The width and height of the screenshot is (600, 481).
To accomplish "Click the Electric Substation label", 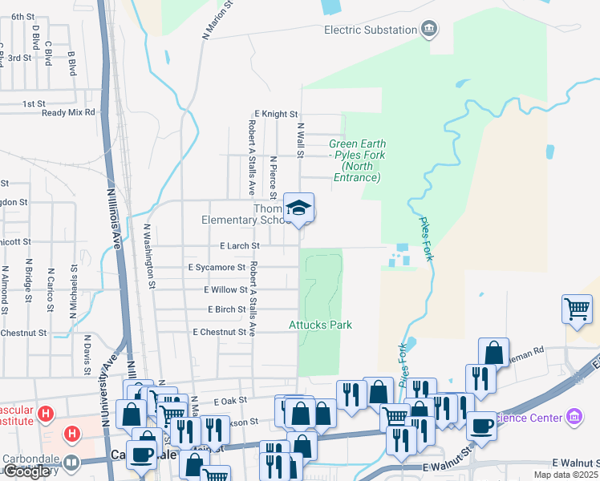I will tap(370, 30).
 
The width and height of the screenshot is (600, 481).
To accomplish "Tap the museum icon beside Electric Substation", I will tap(429, 30).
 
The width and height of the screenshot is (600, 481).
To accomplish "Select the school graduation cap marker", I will tap(298, 208).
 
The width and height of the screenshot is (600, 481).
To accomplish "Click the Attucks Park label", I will tap(321, 325).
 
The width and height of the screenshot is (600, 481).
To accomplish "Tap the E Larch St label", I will tap(240, 245).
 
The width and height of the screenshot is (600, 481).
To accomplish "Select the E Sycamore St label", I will tap(217, 267).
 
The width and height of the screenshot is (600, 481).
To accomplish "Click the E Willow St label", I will tap(225, 289).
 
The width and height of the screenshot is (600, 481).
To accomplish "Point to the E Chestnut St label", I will tap(219, 331).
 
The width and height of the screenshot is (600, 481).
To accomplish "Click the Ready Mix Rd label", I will tap(69, 112).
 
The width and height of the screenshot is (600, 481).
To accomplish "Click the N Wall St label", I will tap(301, 139).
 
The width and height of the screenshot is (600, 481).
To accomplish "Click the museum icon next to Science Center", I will tap(574, 417).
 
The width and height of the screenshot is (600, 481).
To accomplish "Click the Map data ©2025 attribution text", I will tap(566, 475).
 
